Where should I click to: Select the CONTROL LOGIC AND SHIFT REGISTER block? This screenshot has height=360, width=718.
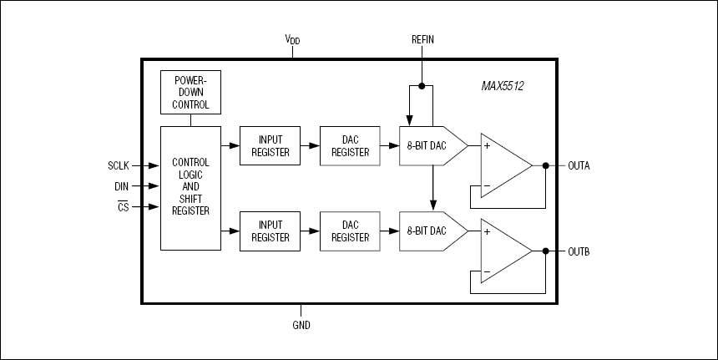click(190, 187)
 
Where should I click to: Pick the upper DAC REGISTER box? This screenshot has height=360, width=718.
click(350, 145)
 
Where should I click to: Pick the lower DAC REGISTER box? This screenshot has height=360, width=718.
click(350, 231)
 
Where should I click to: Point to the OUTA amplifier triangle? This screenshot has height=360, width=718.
click(502, 165)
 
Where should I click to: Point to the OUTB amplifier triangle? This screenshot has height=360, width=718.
click(502, 251)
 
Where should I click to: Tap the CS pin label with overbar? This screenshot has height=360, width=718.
click(124, 206)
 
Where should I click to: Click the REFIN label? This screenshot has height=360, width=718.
click(422, 39)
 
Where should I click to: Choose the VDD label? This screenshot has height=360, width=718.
click(293, 39)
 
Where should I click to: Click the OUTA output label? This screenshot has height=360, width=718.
click(579, 165)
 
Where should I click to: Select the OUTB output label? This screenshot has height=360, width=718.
click(579, 251)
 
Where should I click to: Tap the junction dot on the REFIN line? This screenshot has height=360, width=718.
click(422, 86)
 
